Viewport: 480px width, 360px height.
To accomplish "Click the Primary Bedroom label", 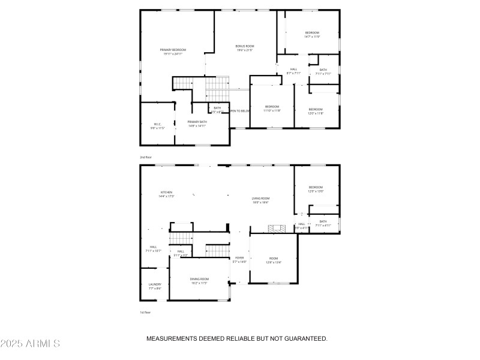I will (173, 52).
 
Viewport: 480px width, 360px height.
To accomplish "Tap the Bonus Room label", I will (245, 48).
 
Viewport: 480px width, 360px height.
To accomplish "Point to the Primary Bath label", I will (197, 124).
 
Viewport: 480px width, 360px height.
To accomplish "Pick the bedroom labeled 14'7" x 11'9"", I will (312, 34).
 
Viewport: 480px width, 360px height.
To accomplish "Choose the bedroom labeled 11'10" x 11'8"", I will (272, 109).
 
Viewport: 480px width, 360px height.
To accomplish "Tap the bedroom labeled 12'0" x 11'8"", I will (316, 111).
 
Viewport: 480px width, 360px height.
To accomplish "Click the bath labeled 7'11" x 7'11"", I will (323, 71).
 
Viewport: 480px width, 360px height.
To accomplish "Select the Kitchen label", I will (166, 194).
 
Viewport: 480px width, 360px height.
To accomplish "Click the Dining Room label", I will (199, 280).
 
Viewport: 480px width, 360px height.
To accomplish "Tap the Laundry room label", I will (155, 286).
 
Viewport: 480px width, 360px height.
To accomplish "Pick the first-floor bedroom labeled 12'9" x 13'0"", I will (316, 189).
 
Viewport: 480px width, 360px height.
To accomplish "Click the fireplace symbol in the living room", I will (276, 229).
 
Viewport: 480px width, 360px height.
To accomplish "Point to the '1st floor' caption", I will (145, 312).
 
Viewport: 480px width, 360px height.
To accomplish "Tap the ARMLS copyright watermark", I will (31, 344).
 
